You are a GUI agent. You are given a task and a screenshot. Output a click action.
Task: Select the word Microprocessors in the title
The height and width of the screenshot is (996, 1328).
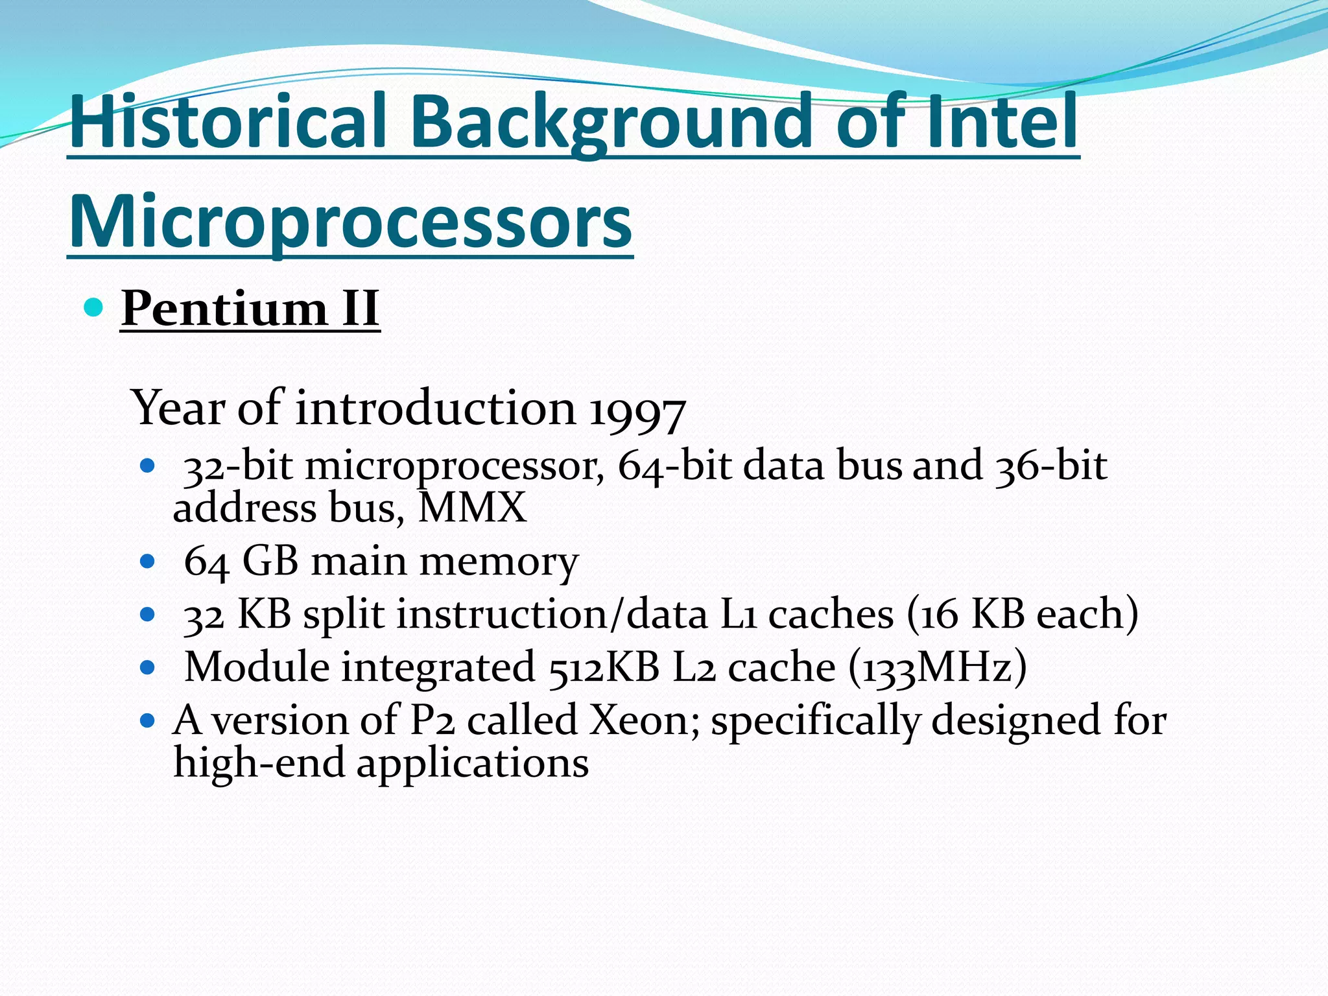click(x=350, y=221)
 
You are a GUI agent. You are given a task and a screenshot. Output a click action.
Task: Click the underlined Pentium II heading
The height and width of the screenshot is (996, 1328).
click(x=250, y=308)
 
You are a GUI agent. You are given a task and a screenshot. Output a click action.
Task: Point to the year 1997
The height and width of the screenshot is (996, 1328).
click(x=637, y=410)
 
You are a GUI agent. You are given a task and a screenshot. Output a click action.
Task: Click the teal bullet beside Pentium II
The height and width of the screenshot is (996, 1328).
click(x=94, y=307)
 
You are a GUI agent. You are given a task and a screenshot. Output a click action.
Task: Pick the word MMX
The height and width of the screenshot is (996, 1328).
click(x=472, y=508)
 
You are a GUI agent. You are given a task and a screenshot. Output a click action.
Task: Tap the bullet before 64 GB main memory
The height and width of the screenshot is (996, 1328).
click(x=148, y=560)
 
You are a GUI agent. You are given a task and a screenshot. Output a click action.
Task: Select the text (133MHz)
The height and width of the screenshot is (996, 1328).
click(x=937, y=667)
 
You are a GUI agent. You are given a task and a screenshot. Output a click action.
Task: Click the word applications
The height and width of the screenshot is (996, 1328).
click(x=472, y=763)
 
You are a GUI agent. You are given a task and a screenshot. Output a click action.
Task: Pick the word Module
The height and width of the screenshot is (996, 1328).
click(x=257, y=667)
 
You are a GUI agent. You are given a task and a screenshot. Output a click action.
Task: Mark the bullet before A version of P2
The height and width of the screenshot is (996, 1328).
click(x=148, y=720)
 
